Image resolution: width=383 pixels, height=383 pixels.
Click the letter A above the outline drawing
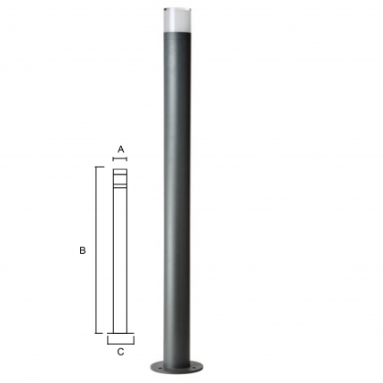(x=120, y=150)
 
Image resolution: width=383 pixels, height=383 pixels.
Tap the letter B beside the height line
(x=83, y=250)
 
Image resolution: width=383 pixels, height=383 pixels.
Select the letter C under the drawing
(x=120, y=352)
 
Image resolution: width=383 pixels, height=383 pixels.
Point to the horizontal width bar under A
(x=120, y=159)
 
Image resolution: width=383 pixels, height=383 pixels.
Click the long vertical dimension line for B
(x=96, y=250)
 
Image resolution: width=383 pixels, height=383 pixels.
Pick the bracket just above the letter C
(x=120, y=344)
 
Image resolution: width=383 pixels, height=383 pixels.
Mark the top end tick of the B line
(x=100, y=167)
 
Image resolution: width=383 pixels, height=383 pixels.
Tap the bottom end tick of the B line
(x=100, y=333)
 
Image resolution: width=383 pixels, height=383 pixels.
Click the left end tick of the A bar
(x=113, y=159)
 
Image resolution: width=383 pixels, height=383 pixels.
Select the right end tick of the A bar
(x=126, y=159)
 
